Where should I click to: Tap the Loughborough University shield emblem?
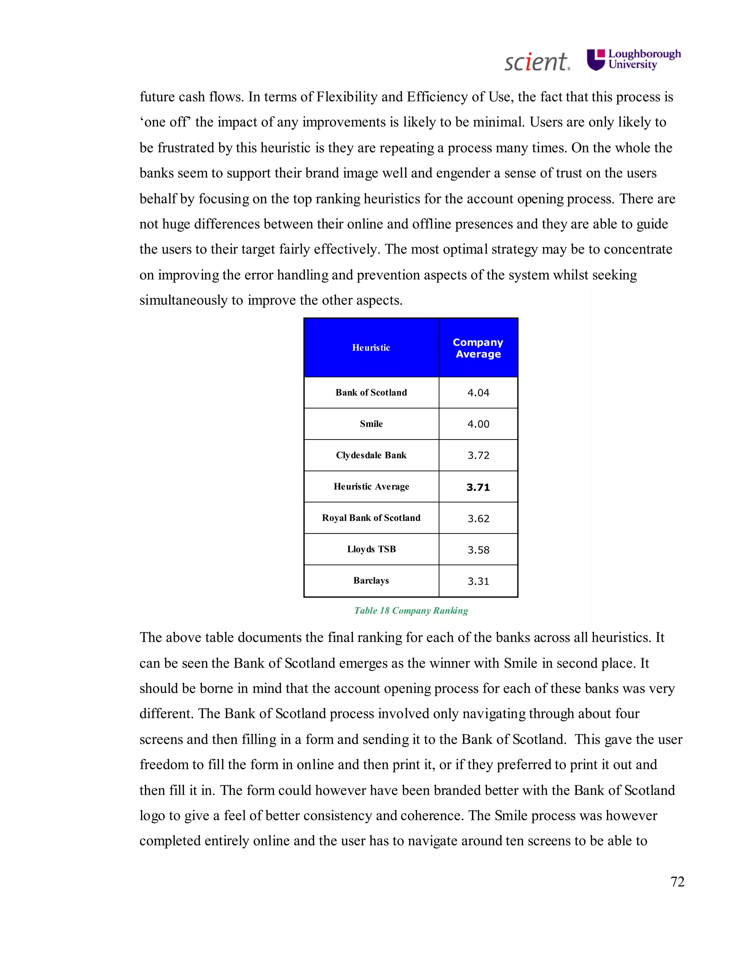(x=596, y=60)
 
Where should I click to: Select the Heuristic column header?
(x=371, y=347)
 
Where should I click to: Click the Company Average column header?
(x=478, y=348)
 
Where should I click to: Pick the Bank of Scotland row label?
(x=371, y=393)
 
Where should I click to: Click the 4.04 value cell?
(x=478, y=393)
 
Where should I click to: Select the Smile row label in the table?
(x=371, y=424)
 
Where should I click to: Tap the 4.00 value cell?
(x=478, y=424)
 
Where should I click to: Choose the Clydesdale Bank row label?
(x=371, y=455)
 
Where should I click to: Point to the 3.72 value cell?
(x=478, y=455)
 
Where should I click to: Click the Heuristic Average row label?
(x=371, y=486)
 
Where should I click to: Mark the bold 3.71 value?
(x=478, y=487)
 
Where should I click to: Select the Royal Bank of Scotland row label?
(x=371, y=518)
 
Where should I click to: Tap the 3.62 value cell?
(x=478, y=518)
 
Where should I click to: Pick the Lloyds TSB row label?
(x=371, y=549)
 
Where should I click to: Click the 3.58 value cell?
(x=478, y=550)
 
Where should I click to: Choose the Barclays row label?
(x=371, y=580)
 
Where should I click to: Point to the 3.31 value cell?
(x=478, y=581)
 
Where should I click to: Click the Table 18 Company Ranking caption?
(x=411, y=610)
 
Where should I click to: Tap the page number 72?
(x=677, y=881)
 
